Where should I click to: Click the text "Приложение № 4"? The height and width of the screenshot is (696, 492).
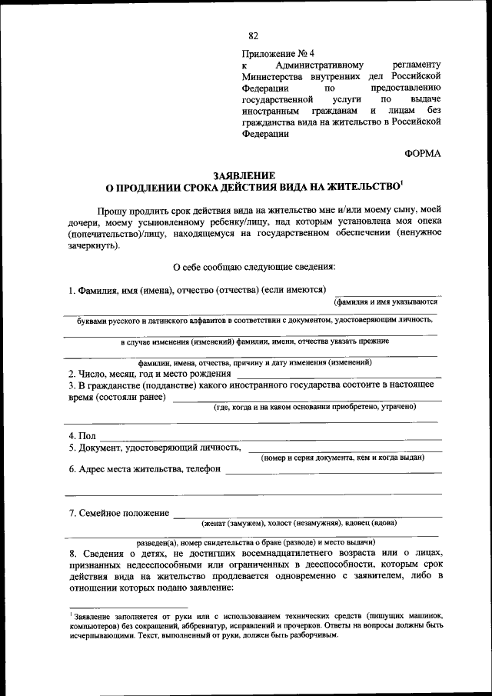pyautogui.click(x=277, y=54)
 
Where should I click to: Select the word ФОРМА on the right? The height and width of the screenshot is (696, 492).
pyautogui.click(x=423, y=153)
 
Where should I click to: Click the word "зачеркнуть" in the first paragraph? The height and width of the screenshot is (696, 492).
pyautogui.click(x=91, y=248)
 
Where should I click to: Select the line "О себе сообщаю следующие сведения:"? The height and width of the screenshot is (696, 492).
pyautogui.click(x=254, y=268)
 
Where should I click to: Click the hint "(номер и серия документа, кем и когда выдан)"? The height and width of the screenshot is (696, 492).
pyautogui.click(x=343, y=458)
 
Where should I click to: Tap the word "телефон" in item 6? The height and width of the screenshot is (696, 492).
pyautogui.click(x=203, y=468)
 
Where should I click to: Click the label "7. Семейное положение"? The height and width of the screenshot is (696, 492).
pyautogui.click(x=118, y=513)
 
